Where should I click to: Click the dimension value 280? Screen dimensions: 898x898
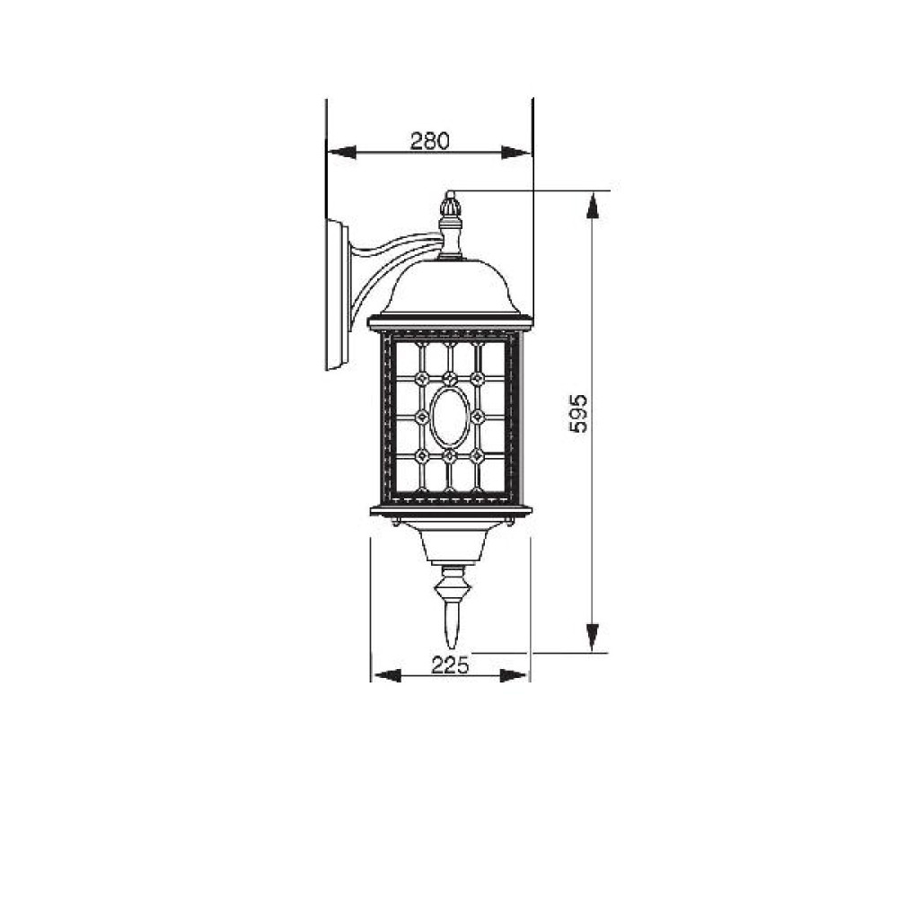point(430,141)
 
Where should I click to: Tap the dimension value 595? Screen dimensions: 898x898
point(579,413)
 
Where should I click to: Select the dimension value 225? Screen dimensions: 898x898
point(450,665)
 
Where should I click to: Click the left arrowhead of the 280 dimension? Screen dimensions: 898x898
point(341,153)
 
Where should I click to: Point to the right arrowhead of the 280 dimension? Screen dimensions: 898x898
point(516,153)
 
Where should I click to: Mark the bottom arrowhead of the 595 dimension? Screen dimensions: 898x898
point(594,638)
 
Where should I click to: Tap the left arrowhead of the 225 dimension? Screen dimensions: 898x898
point(386,676)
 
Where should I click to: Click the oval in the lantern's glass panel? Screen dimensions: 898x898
point(450,417)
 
